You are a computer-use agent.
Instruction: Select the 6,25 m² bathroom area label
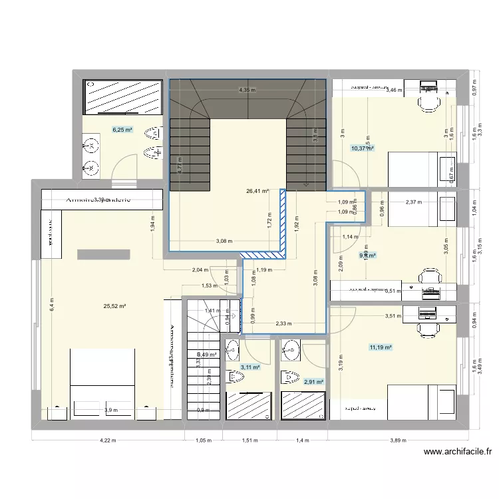pos(122,130)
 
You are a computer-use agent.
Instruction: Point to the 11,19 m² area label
pos(381,347)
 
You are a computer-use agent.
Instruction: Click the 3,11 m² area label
pos(250,367)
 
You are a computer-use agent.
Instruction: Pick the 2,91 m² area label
pos(313,382)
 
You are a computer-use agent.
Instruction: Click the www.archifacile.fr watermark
pos(458,452)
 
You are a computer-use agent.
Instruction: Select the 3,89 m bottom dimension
pos(398,440)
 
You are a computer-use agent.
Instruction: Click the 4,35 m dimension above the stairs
pos(248,90)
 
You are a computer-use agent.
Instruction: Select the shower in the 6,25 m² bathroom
pos(122,96)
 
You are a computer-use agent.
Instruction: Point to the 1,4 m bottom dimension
pos(303,440)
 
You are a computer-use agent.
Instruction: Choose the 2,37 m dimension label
pos(413,202)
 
